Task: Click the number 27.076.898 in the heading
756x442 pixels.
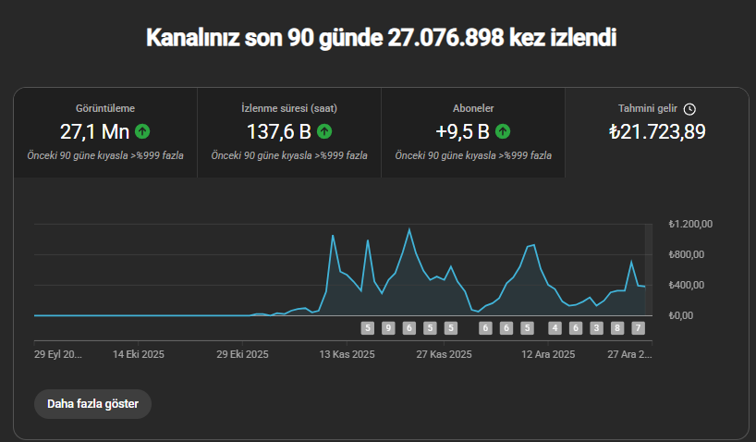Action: (x=445, y=38)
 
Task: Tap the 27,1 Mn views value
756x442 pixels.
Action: (x=94, y=131)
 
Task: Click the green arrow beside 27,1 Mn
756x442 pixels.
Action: (x=142, y=131)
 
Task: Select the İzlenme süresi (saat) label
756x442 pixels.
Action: (x=289, y=108)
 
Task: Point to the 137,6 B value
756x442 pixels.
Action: (x=279, y=131)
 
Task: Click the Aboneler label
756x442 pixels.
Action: (x=473, y=108)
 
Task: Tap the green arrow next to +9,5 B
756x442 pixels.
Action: (x=503, y=131)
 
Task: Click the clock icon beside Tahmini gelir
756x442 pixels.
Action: (x=690, y=109)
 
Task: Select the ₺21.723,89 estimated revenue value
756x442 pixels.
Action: (x=657, y=131)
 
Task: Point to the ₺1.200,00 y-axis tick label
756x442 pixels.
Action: (x=690, y=224)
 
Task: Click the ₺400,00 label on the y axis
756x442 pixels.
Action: (x=687, y=285)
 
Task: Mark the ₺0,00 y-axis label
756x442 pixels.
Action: (x=681, y=315)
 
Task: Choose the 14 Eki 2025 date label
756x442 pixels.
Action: (x=139, y=354)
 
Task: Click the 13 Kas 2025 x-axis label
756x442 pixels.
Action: (x=347, y=354)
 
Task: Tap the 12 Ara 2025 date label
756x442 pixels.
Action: (x=548, y=354)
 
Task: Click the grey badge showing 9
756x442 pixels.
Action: (x=388, y=328)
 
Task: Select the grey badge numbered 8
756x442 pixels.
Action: (x=617, y=328)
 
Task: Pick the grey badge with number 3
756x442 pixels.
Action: (x=596, y=328)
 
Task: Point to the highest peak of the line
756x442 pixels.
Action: (x=409, y=228)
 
